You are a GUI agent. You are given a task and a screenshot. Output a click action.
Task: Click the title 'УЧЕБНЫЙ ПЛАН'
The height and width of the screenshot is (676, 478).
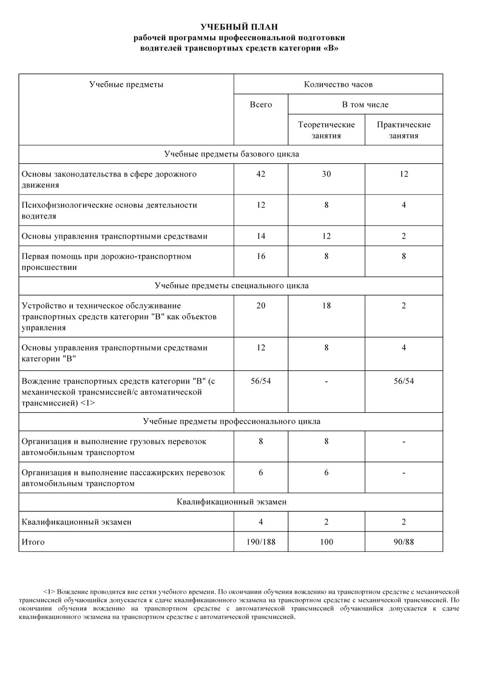[239, 27]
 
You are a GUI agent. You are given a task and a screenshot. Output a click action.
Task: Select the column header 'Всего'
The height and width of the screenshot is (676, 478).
[261, 105]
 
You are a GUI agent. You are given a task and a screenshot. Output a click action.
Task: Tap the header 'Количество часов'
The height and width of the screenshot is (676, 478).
[338, 84]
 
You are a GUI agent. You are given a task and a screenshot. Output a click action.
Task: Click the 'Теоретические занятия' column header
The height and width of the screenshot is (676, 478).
[326, 130]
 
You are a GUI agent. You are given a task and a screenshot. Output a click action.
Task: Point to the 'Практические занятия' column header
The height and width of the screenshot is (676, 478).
[404, 130]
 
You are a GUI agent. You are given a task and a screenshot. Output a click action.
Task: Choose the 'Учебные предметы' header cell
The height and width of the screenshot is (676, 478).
[126, 84]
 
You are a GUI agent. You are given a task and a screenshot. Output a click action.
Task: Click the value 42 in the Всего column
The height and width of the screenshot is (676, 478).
[261, 174]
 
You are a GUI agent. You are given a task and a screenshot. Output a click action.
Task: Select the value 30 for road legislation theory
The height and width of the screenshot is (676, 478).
[326, 174]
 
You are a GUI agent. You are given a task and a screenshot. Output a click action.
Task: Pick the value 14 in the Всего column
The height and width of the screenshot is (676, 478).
[261, 236]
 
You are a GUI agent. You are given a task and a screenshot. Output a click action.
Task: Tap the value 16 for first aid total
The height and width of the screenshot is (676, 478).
[261, 256]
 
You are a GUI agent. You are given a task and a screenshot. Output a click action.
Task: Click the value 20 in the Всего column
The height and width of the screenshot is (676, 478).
[261, 306]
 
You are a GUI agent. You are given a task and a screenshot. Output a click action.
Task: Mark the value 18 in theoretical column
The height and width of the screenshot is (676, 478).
[326, 306]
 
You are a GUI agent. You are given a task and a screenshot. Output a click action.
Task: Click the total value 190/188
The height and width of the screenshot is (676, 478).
[261, 542]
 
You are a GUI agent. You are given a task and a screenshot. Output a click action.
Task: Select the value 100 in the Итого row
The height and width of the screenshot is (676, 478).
[326, 542]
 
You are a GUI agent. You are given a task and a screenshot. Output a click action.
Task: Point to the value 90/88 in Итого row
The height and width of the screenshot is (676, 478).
[404, 542]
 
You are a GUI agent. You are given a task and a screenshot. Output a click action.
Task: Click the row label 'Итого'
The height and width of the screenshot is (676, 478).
[33, 542]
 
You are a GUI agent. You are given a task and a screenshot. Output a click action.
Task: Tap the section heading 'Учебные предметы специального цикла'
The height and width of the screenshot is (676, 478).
[231, 286]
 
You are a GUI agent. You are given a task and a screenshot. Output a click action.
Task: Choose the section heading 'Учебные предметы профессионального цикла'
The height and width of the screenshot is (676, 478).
[231, 422]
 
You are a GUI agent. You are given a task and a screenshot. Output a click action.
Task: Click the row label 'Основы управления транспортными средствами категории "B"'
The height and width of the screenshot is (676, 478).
[114, 353]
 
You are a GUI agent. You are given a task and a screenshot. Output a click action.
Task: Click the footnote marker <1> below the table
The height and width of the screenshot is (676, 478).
[49, 591]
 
